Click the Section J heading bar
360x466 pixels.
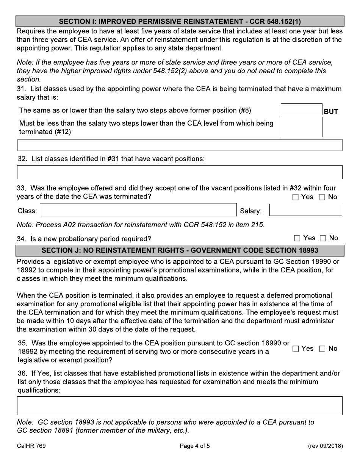click(x=180, y=250)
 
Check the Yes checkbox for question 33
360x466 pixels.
click(x=296, y=197)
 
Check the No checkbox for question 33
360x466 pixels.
click(x=322, y=197)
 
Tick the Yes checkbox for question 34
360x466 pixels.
click(x=297, y=238)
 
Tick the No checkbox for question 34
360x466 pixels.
click(x=323, y=238)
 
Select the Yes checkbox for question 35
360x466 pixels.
click(x=296, y=349)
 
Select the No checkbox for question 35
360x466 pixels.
click(x=322, y=349)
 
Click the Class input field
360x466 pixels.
click(x=138, y=210)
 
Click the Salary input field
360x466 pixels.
click(x=305, y=210)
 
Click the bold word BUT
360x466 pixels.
click(x=331, y=112)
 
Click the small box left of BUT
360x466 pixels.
click(x=301, y=109)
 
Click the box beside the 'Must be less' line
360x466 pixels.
click(x=301, y=127)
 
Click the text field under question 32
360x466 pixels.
click(x=180, y=172)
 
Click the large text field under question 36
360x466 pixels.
click(x=180, y=406)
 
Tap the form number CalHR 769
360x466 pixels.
click(x=31, y=446)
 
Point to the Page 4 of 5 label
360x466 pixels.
click(x=195, y=446)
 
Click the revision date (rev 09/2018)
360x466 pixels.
click(x=326, y=446)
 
